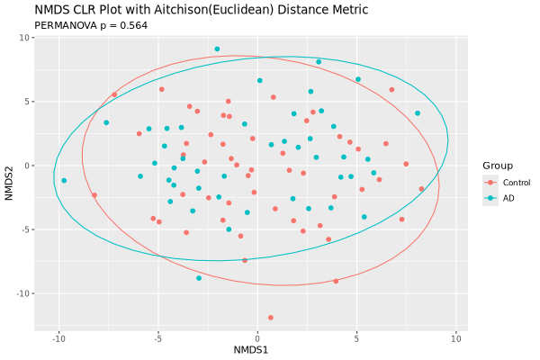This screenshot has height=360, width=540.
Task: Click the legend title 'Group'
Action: tap(498, 166)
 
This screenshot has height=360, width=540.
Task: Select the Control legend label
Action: tap(517, 183)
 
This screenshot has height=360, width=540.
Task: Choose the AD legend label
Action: tap(508, 198)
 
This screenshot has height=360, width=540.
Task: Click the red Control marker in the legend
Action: tap(490, 183)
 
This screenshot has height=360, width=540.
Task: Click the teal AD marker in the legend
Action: tap(490, 198)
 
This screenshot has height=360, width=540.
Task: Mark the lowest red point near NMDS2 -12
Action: tap(271, 318)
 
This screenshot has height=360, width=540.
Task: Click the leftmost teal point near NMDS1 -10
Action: tap(64, 181)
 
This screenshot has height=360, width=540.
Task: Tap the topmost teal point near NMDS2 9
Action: tap(217, 49)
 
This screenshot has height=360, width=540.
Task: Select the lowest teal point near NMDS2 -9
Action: tap(199, 278)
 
